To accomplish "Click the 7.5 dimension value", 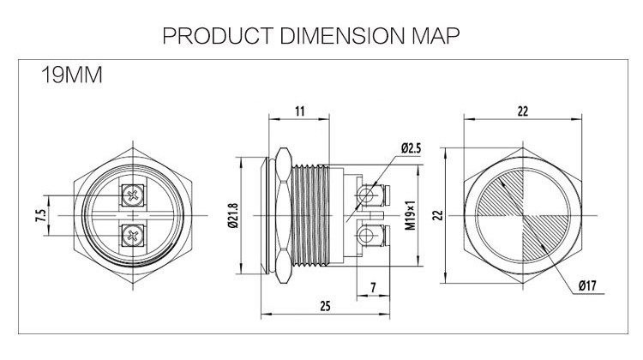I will (x=40, y=214).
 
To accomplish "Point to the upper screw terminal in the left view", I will (x=132, y=195).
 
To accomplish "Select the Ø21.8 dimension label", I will (x=233, y=214).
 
